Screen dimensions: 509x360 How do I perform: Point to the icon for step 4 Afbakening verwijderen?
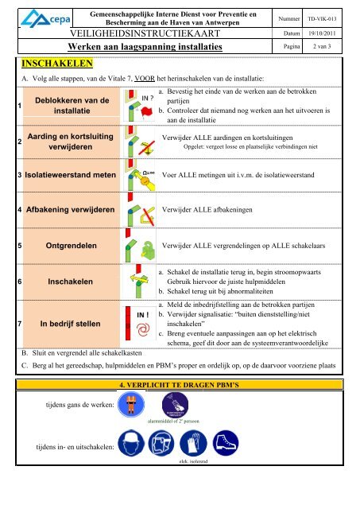point(138,212)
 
